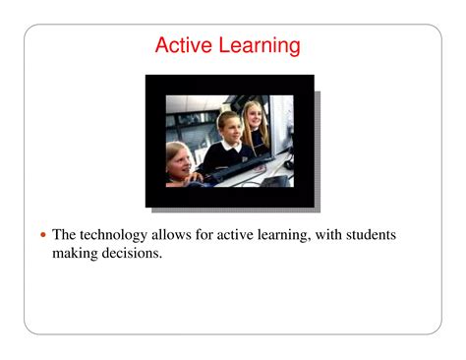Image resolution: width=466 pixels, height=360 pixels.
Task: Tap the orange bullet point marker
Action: (x=41, y=236)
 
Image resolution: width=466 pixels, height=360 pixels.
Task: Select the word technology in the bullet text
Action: (x=117, y=235)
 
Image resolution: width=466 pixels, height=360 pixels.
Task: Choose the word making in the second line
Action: (x=76, y=254)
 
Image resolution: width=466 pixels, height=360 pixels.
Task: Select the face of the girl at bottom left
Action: (x=178, y=157)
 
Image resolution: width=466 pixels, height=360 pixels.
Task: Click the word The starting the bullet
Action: (x=64, y=235)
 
